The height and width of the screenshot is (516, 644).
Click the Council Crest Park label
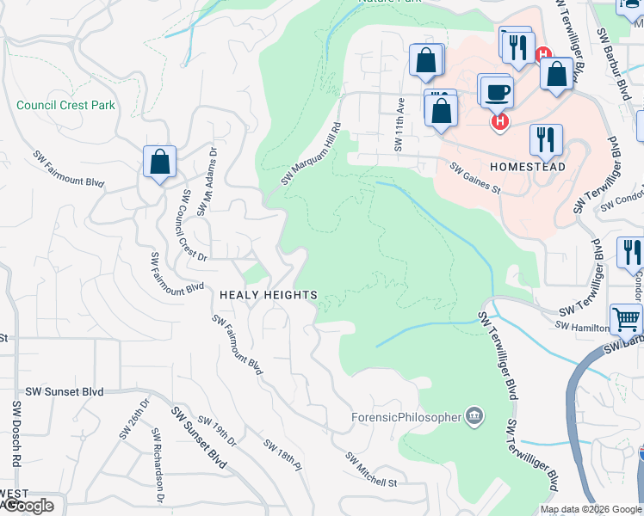click(x=65, y=106)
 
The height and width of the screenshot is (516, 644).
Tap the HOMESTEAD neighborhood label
click(x=527, y=166)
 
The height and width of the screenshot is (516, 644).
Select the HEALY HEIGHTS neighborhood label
click(x=269, y=295)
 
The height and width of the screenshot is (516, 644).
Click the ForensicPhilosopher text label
click(x=406, y=418)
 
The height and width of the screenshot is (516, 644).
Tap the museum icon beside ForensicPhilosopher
click(x=474, y=418)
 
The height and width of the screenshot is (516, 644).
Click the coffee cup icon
click(x=496, y=91)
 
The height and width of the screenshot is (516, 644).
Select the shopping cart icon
click(x=627, y=319)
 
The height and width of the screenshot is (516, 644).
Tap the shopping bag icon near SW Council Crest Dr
click(x=160, y=161)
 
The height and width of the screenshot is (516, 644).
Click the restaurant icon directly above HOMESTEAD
click(x=546, y=139)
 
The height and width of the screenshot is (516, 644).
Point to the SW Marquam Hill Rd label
click(x=312, y=154)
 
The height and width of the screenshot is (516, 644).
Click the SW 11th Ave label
click(x=399, y=124)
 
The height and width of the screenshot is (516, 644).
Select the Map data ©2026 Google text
click(x=590, y=509)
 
